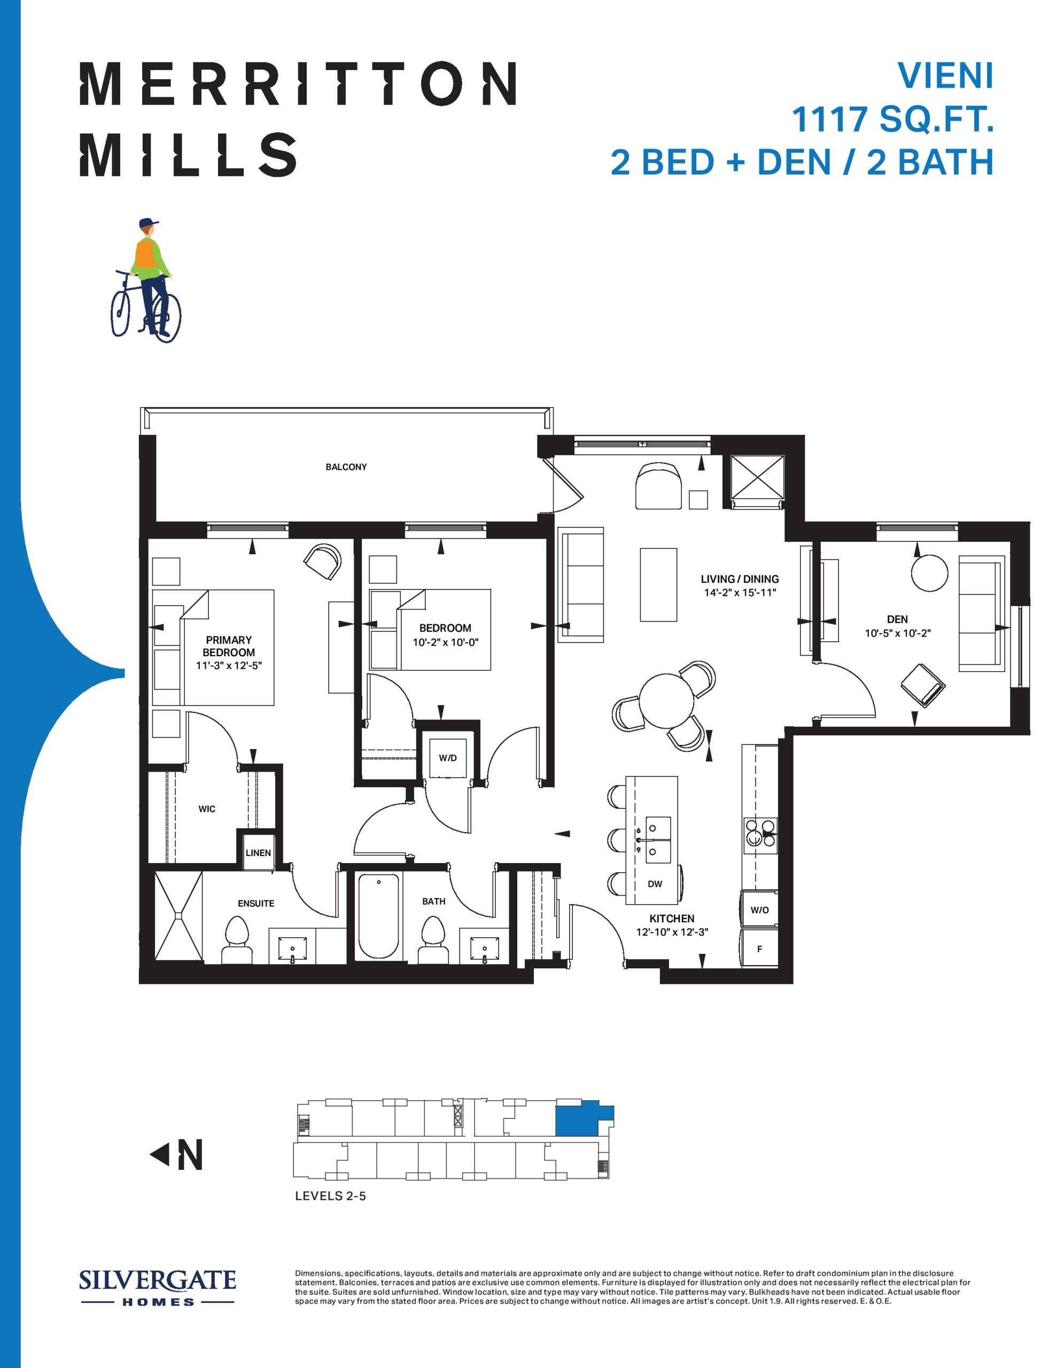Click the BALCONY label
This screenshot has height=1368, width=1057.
click(346, 467)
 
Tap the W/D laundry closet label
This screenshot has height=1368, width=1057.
click(447, 758)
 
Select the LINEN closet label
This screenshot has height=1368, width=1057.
click(258, 852)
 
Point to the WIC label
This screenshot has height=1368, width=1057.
click(207, 809)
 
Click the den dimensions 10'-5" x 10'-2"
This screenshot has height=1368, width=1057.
click(897, 633)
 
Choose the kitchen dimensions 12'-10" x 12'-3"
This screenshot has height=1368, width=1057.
click(672, 931)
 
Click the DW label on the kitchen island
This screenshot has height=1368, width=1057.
click(655, 884)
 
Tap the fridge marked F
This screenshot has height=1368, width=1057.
click(759, 949)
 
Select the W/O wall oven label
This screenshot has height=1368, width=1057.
click(759, 910)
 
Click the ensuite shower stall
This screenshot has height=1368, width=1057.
click(178, 916)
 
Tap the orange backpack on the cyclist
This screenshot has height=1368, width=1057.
click(145, 254)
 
